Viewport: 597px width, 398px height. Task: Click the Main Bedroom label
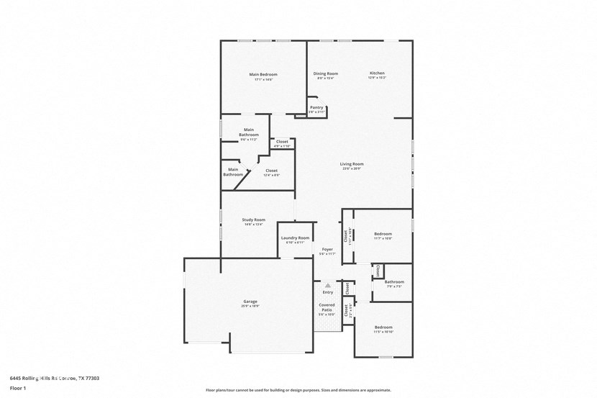click(263, 75)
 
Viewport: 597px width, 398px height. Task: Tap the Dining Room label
click(326, 73)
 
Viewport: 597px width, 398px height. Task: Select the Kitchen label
click(378, 73)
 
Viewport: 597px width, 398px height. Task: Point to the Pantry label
click(316, 107)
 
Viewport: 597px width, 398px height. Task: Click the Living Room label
click(352, 164)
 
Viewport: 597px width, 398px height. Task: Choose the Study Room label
click(253, 220)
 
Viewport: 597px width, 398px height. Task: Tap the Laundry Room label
click(295, 238)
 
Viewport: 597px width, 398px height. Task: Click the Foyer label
click(327, 250)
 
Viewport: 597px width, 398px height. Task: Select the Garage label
click(250, 302)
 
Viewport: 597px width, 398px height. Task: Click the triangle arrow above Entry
click(328, 286)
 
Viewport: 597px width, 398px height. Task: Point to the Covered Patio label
click(327, 307)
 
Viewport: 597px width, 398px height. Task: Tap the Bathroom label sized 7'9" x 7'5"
click(394, 282)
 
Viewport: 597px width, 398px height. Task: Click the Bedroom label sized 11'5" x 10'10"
click(383, 327)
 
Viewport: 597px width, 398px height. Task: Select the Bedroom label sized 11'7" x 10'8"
click(383, 234)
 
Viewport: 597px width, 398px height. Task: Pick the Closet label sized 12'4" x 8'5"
click(271, 171)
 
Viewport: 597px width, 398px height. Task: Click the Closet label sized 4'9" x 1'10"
click(282, 142)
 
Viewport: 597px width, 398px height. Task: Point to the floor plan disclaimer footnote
click(298, 389)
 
